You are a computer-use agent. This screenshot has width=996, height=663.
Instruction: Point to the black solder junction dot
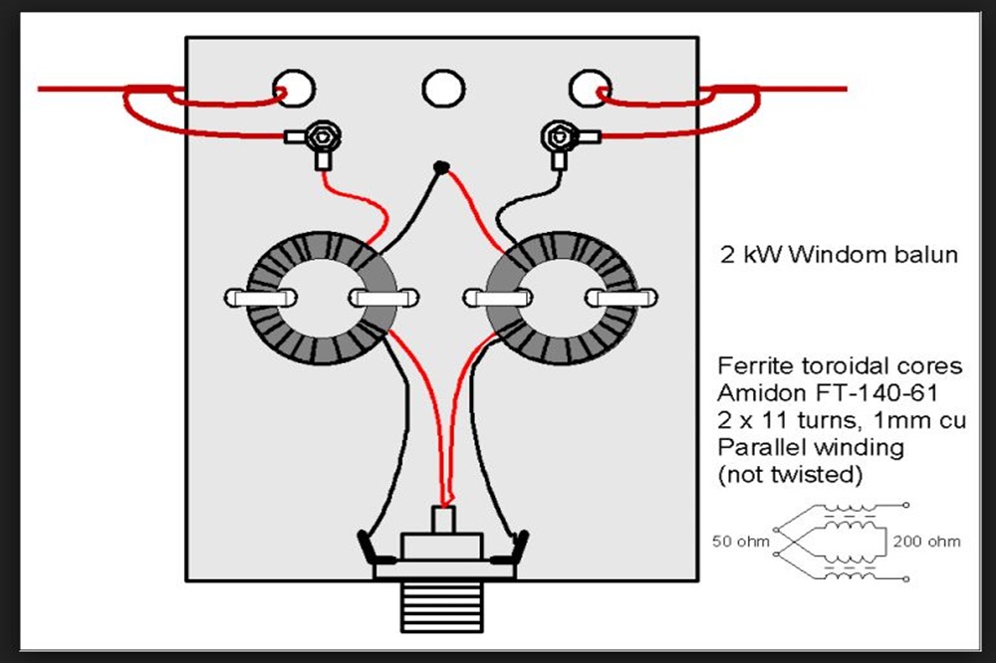coord(442,168)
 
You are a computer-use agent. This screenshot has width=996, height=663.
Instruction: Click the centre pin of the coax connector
coord(441,519)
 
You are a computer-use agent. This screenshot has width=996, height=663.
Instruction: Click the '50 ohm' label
coord(737,542)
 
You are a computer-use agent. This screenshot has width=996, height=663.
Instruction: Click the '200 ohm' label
coord(927,542)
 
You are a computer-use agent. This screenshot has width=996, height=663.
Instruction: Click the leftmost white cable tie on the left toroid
coord(260,298)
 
